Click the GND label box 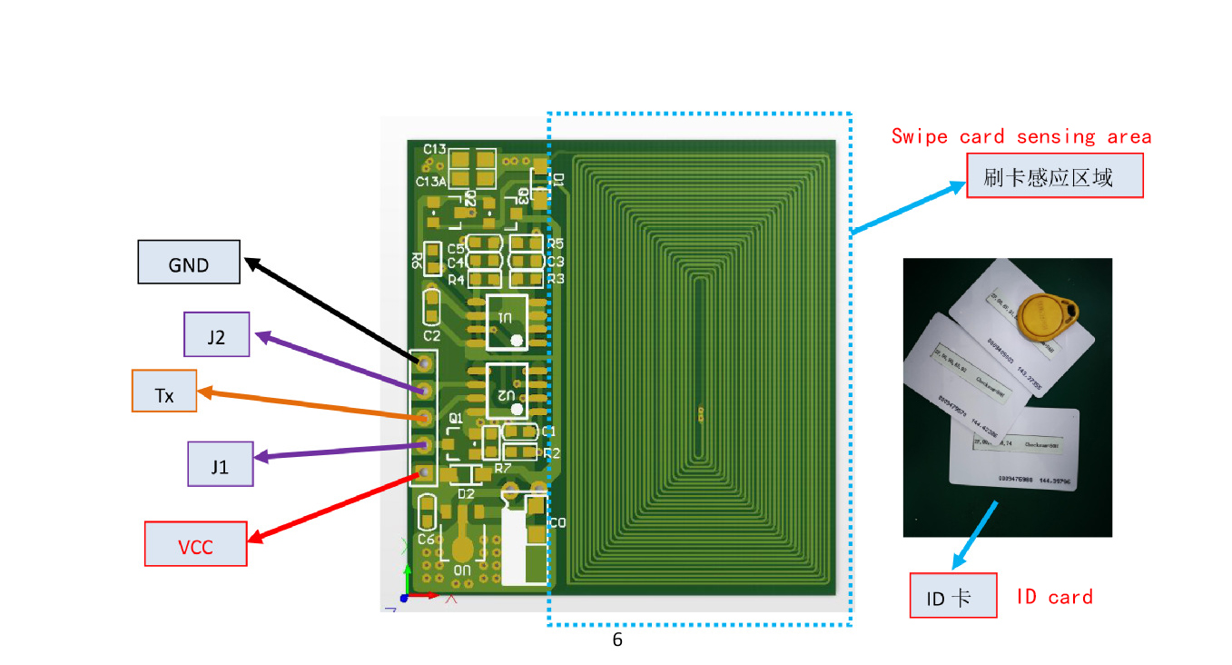click(x=189, y=263)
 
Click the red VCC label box click(x=196, y=544)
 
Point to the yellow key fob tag click(x=1044, y=318)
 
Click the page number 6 click(x=617, y=640)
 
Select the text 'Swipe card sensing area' click(x=1021, y=137)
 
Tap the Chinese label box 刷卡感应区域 click(x=1054, y=176)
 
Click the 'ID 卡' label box click(x=953, y=596)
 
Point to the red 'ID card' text click(x=1054, y=597)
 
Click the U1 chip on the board click(x=507, y=322)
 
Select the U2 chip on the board click(x=507, y=390)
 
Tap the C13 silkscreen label click(x=434, y=149)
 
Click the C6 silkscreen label click(x=426, y=539)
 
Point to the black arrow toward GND click(x=331, y=310)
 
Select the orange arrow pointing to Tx click(x=309, y=404)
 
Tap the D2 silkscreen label click(x=466, y=493)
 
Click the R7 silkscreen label click(x=502, y=468)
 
